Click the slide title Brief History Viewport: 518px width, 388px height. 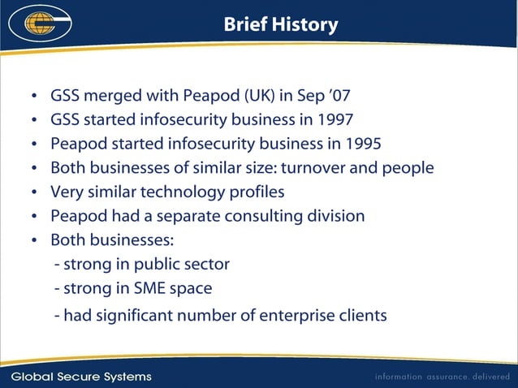[281, 25]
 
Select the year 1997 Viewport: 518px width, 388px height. [335, 120]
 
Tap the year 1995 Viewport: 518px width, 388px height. [362, 144]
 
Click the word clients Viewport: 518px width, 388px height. [361, 315]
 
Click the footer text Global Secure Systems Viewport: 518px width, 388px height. [81, 377]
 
